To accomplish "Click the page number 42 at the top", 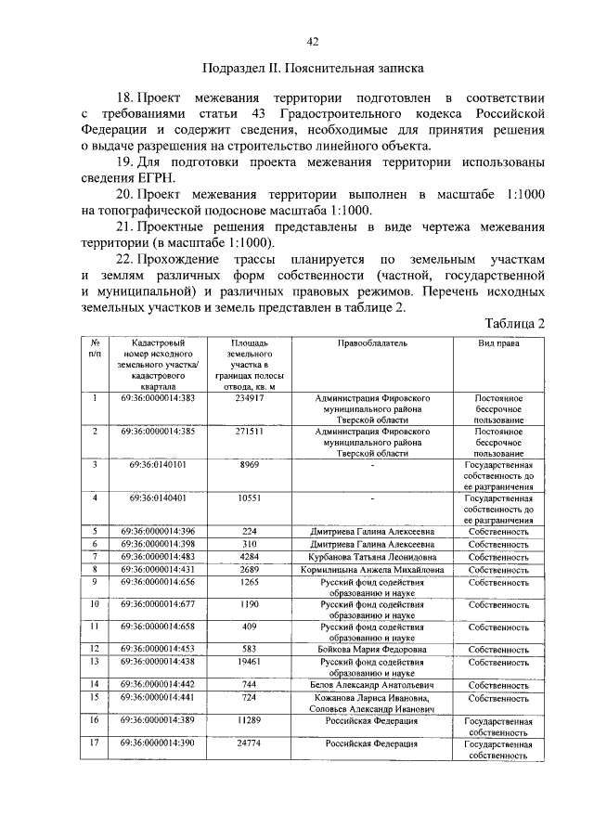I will [312, 41].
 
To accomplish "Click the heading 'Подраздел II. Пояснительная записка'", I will [312, 68].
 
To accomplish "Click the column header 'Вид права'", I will [498, 343].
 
